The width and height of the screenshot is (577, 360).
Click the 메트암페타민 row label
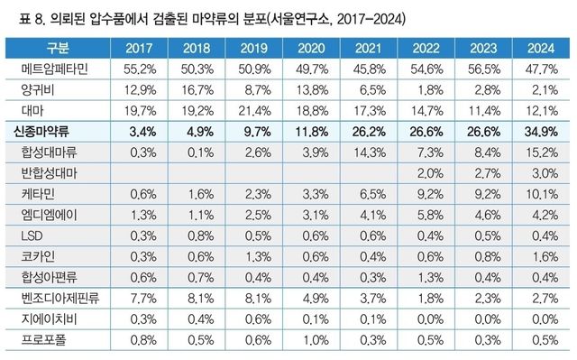pos(57,69)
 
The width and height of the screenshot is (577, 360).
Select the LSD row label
pos(30,235)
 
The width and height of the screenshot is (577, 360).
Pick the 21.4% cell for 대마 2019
pos(261,110)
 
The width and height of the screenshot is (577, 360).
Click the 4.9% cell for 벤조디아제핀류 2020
pos(316,297)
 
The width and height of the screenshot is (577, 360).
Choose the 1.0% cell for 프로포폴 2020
pos(316,338)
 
